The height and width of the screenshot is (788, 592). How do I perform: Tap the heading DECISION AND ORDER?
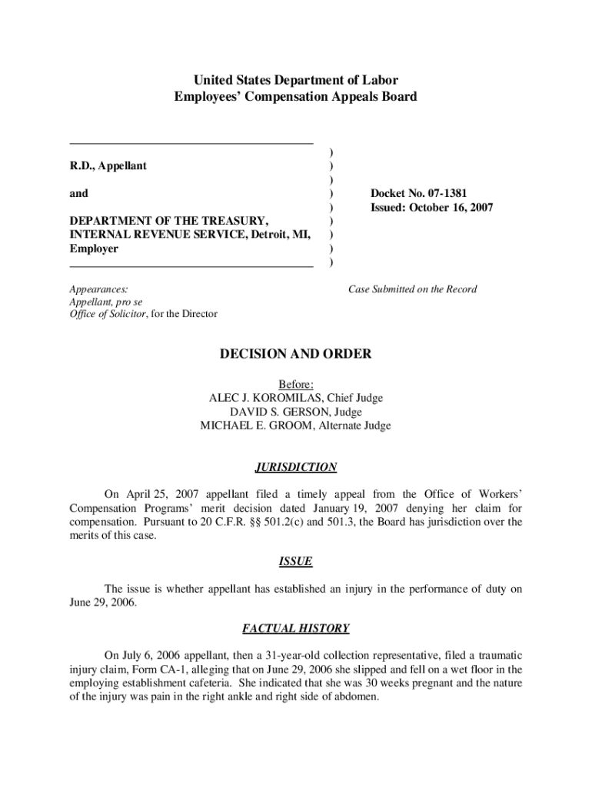pyautogui.click(x=295, y=354)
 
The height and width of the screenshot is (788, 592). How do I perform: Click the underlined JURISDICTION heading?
pyautogui.click(x=295, y=467)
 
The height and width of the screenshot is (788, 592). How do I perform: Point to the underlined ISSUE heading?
pyautogui.click(x=295, y=562)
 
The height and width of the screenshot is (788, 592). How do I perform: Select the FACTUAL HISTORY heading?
pyautogui.click(x=295, y=629)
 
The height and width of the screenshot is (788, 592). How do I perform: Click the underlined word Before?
pyautogui.click(x=295, y=384)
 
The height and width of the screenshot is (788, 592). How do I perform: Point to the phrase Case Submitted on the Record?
pyautogui.click(x=412, y=289)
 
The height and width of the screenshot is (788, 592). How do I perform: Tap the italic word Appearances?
pyautogui.click(x=98, y=289)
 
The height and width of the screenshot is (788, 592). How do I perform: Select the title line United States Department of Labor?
pyautogui.click(x=295, y=80)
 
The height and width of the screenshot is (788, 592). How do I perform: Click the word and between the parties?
pyautogui.click(x=78, y=194)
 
